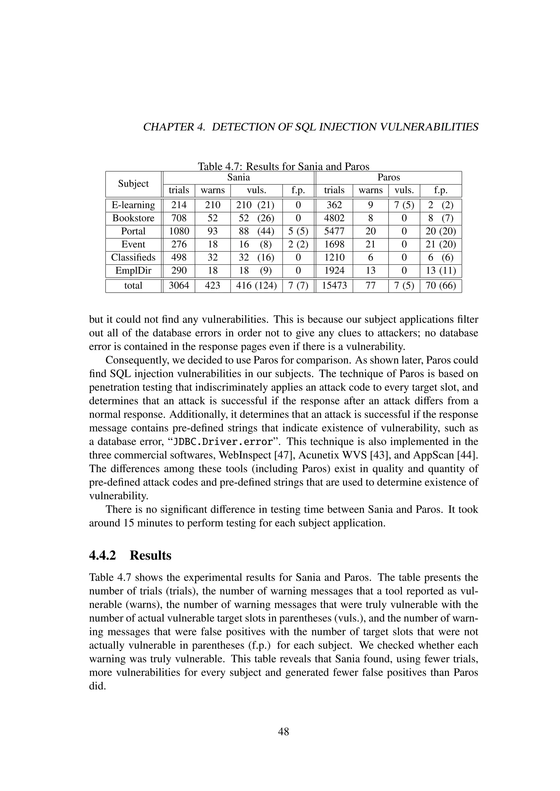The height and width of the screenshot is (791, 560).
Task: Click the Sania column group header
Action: click(x=238, y=178)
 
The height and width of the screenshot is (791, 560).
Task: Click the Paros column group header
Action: click(x=389, y=178)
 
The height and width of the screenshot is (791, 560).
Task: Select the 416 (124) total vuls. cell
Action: click(x=256, y=286)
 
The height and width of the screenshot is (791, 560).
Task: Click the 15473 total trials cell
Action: click(x=334, y=286)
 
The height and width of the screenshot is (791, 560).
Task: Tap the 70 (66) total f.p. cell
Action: click(x=441, y=286)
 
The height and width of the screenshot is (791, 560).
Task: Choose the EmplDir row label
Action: click(x=133, y=271)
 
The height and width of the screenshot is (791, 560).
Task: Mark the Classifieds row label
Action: click(x=133, y=258)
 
